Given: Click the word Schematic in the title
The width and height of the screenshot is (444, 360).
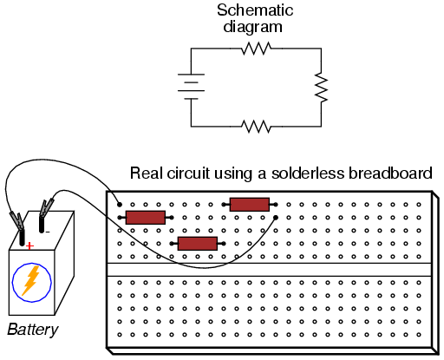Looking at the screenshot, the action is (255, 10).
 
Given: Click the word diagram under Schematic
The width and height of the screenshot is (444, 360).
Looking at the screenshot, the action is (252, 27).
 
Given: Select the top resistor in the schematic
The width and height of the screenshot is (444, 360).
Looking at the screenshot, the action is (256, 49).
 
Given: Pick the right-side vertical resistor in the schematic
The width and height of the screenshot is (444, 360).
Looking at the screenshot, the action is (321, 88).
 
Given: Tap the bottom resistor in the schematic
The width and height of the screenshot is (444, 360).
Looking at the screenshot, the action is (256, 127).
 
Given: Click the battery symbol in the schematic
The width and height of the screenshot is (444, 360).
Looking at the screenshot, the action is (191, 87).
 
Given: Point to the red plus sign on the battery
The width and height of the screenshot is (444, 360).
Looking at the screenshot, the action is (29, 246).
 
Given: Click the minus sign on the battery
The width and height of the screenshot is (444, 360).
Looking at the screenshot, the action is (48, 232).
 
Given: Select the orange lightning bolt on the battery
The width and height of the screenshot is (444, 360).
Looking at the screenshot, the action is (31, 280).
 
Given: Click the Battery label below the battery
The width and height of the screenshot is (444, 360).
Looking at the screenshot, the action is (33, 330).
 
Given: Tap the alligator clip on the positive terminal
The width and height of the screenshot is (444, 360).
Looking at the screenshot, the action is (17, 221).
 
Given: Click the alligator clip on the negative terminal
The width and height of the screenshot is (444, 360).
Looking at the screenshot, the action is (47, 207).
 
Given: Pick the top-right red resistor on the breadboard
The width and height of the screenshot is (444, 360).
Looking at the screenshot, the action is (250, 205).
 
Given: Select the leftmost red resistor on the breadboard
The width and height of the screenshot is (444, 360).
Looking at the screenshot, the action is (146, 218).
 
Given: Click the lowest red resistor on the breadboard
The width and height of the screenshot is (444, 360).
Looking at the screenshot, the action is (198, 244).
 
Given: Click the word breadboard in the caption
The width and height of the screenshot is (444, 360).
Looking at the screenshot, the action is (390, 173).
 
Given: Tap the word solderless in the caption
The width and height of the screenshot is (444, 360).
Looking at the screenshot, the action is (308, 173).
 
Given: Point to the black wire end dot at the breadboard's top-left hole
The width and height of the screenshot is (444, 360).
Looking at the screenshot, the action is (120, 205).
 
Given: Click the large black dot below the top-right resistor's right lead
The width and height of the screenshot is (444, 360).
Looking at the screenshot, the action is (276, 218).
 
